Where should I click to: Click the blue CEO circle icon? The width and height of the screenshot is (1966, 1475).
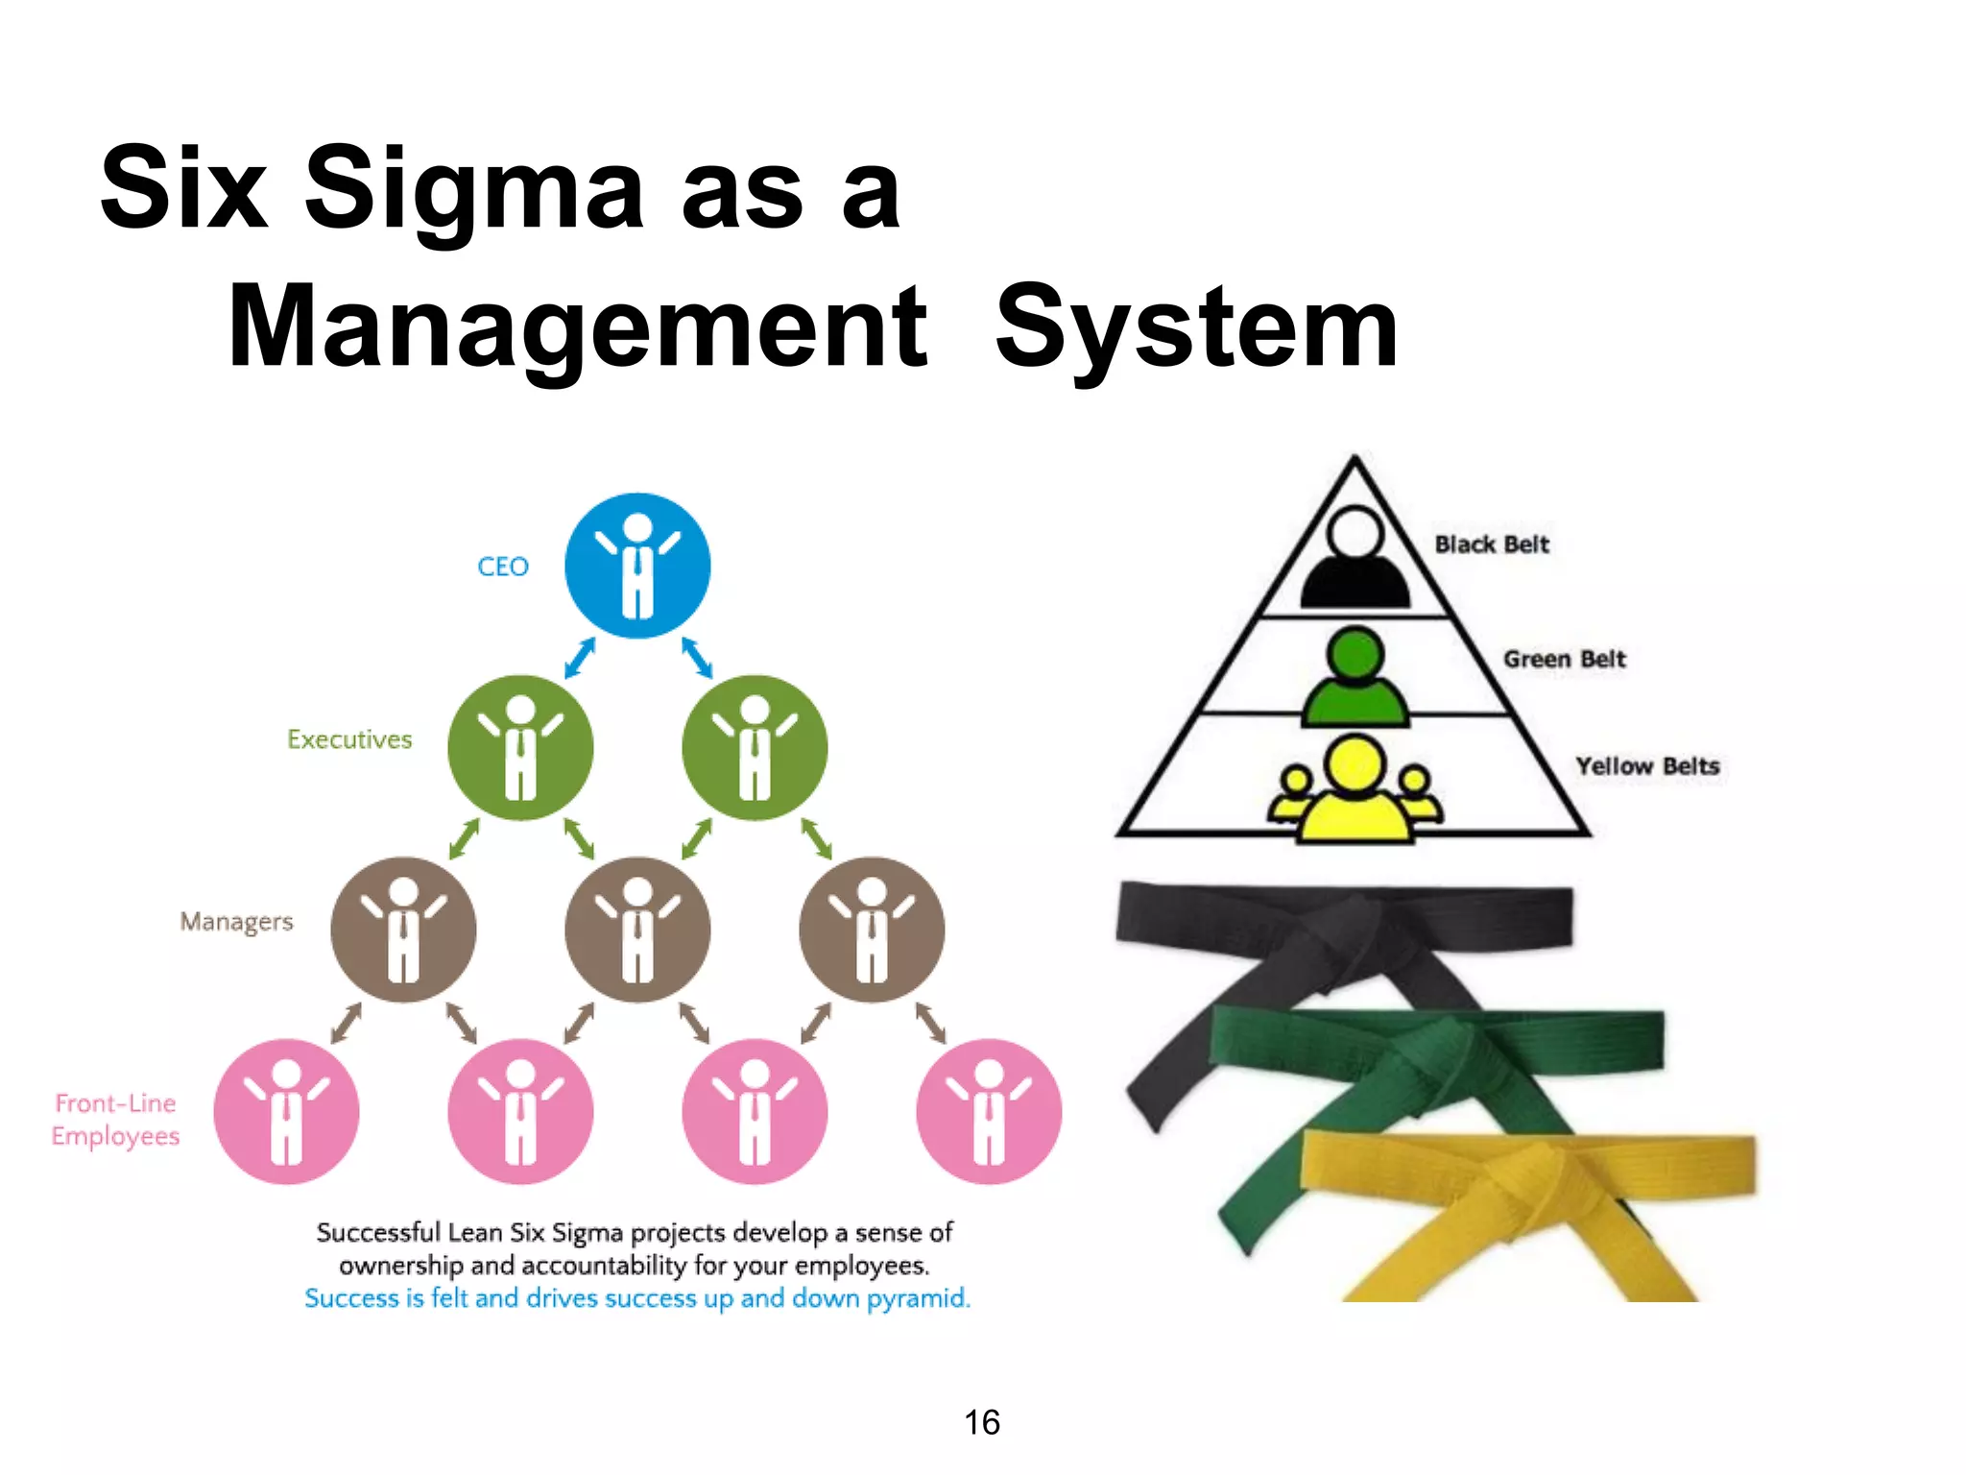[637, 566]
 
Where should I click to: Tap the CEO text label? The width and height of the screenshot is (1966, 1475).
[503, 567]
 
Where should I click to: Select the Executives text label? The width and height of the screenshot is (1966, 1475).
[349, 739]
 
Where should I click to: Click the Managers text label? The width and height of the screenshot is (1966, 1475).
[236, 922]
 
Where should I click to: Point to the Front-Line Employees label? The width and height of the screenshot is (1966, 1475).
[116, 1120]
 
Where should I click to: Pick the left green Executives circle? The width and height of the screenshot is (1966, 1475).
[520, 748]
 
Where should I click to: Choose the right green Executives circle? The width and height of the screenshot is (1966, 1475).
[755, 748]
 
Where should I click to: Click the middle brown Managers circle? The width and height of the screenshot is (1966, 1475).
[637, 930]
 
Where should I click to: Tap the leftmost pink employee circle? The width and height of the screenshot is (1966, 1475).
[286, 1111]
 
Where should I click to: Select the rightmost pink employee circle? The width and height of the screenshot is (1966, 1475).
[989, 1111]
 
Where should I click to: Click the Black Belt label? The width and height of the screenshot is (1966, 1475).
[1492, 544]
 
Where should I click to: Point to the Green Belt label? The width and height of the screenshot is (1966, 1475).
[1565, 659]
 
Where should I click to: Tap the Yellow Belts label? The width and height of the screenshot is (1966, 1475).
[1647, 766]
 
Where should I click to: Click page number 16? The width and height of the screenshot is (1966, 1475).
[982, 1422]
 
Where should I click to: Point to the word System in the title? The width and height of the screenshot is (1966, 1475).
[1197, 327]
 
